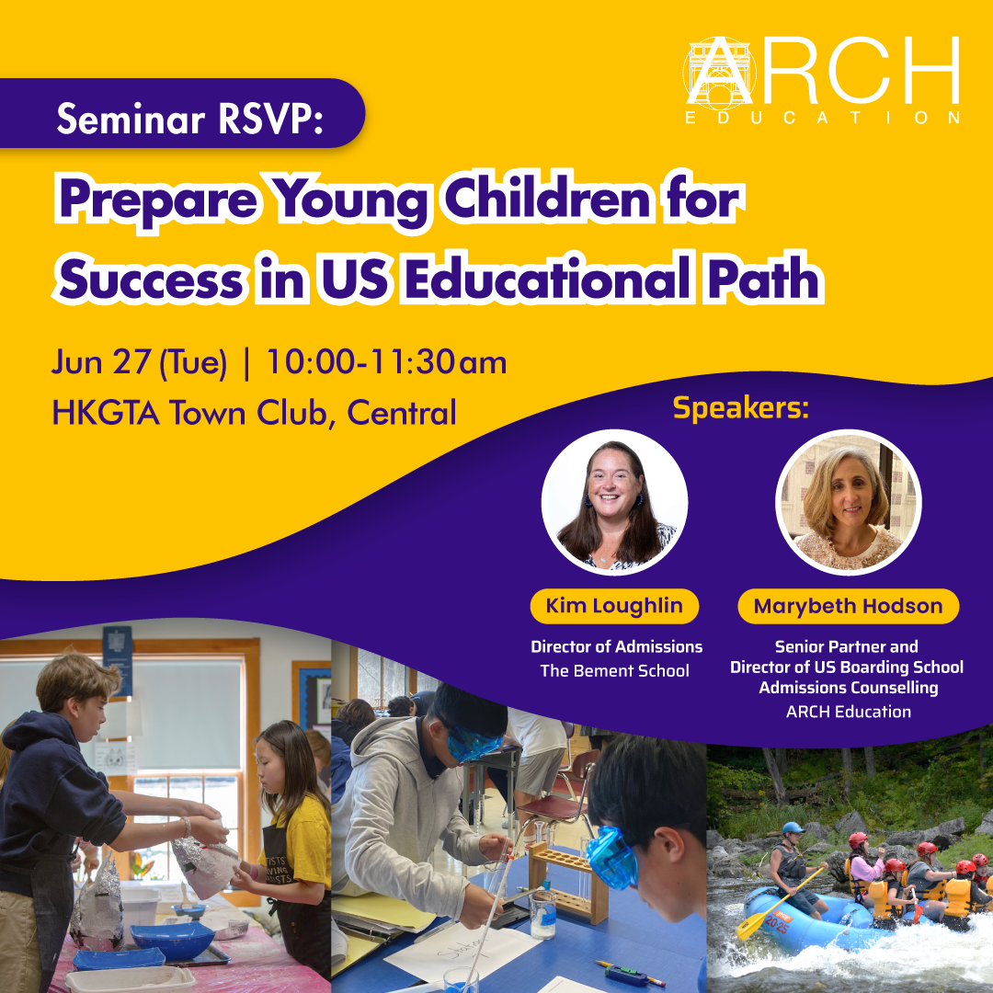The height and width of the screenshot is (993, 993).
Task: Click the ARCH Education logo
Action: [x=822, y=80]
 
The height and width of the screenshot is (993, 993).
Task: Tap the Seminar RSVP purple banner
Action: [x=182, y=113]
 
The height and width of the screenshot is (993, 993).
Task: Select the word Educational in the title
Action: [x=547, y=278]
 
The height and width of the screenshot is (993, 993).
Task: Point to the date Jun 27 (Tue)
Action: [x=139, y=363]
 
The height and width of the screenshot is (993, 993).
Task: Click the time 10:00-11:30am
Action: [x=386, y=362]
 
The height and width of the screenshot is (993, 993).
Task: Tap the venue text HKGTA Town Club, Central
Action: [x=254, y=413]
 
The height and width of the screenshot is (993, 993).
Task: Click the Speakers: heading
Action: [x=740, y=408]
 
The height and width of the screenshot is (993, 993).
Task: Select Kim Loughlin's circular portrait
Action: [x=614, y=502]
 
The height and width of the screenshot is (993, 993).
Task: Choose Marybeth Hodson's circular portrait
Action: [x=848, y=502]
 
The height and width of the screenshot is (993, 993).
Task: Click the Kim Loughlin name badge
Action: [x=614, y=606]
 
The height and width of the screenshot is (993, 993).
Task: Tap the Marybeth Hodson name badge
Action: [x=848, y=606]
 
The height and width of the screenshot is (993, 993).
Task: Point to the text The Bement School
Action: [x=614, y=670]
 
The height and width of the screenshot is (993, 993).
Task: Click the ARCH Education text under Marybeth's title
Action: [x=848, y=711]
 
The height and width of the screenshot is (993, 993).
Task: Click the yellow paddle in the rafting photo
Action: [x=780, y=904]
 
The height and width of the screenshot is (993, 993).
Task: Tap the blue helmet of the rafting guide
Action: [x=792, y=827]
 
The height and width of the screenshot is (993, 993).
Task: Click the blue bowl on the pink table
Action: [x=173, y=940]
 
